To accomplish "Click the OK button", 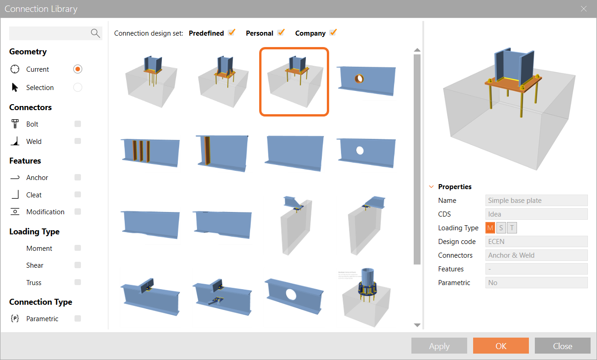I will pos(501,346).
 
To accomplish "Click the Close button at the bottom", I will pos(562,346).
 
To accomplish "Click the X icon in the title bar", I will pos(583,9).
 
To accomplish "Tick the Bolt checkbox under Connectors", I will pos(78,124).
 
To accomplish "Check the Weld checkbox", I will pos(78,141).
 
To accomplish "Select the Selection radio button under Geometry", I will pos(78,87).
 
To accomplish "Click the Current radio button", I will pos(78,69).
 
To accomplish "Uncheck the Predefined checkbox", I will pos(232,32).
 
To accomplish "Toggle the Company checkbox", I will pos(333,32).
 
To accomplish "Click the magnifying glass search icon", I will pos(95,33).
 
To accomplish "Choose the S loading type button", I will pos(501,228).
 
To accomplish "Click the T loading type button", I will pos(512,228).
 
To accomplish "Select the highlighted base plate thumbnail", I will pos(294,82).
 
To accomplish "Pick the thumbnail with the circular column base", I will pos(366,293).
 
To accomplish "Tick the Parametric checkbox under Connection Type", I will pos(78,318).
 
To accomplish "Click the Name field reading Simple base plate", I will pos(536,201).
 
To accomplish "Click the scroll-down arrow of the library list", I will pos(417,325).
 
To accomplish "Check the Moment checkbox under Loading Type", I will pos(78,248).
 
